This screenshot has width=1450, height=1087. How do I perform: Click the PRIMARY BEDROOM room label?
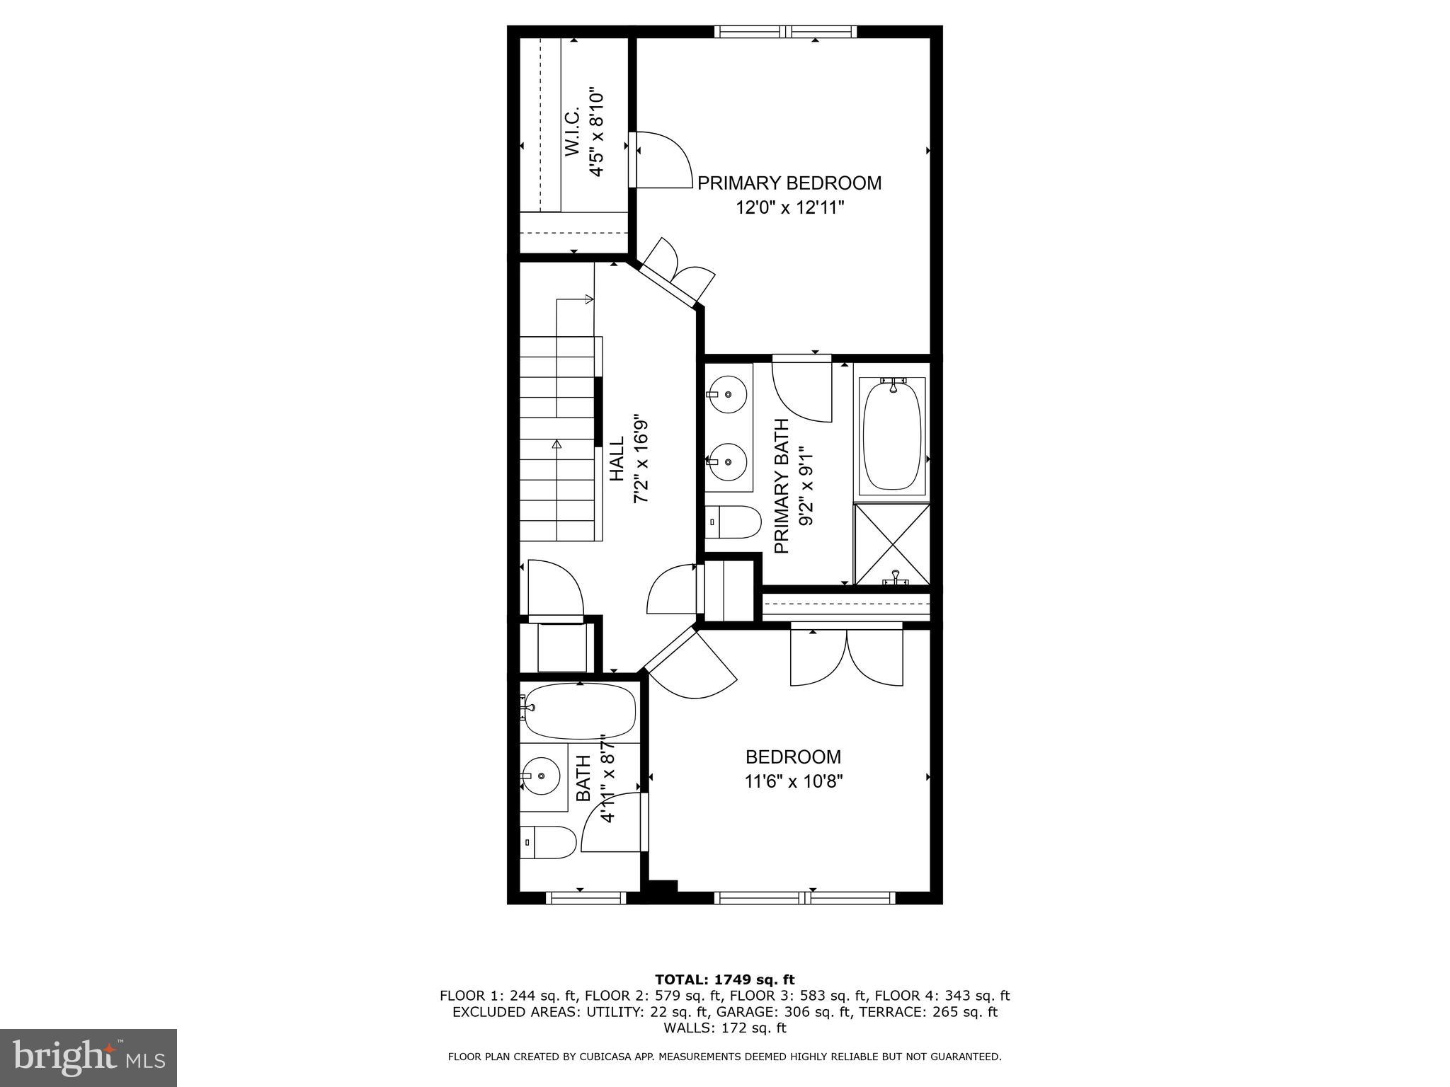(789, 183)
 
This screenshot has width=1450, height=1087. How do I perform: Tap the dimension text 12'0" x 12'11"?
(790, 208)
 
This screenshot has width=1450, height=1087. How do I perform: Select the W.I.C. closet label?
(572, 132)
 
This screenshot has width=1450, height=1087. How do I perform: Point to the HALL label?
(617, 459)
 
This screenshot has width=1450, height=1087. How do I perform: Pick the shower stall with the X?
(892, 543)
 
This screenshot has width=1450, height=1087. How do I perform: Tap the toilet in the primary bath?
(733, 522)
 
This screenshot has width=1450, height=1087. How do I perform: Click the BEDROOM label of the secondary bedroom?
(793, 757)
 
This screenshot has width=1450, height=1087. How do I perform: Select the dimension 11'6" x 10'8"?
(793, 782)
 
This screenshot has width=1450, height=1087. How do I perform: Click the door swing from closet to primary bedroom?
(662, 161)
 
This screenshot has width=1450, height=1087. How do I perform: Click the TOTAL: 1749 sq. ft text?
(724, 980)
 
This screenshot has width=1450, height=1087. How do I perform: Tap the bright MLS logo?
(89, 1058)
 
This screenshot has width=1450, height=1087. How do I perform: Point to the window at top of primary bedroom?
(785, 31)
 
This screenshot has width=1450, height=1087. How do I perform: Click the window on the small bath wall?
(586, 898)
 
